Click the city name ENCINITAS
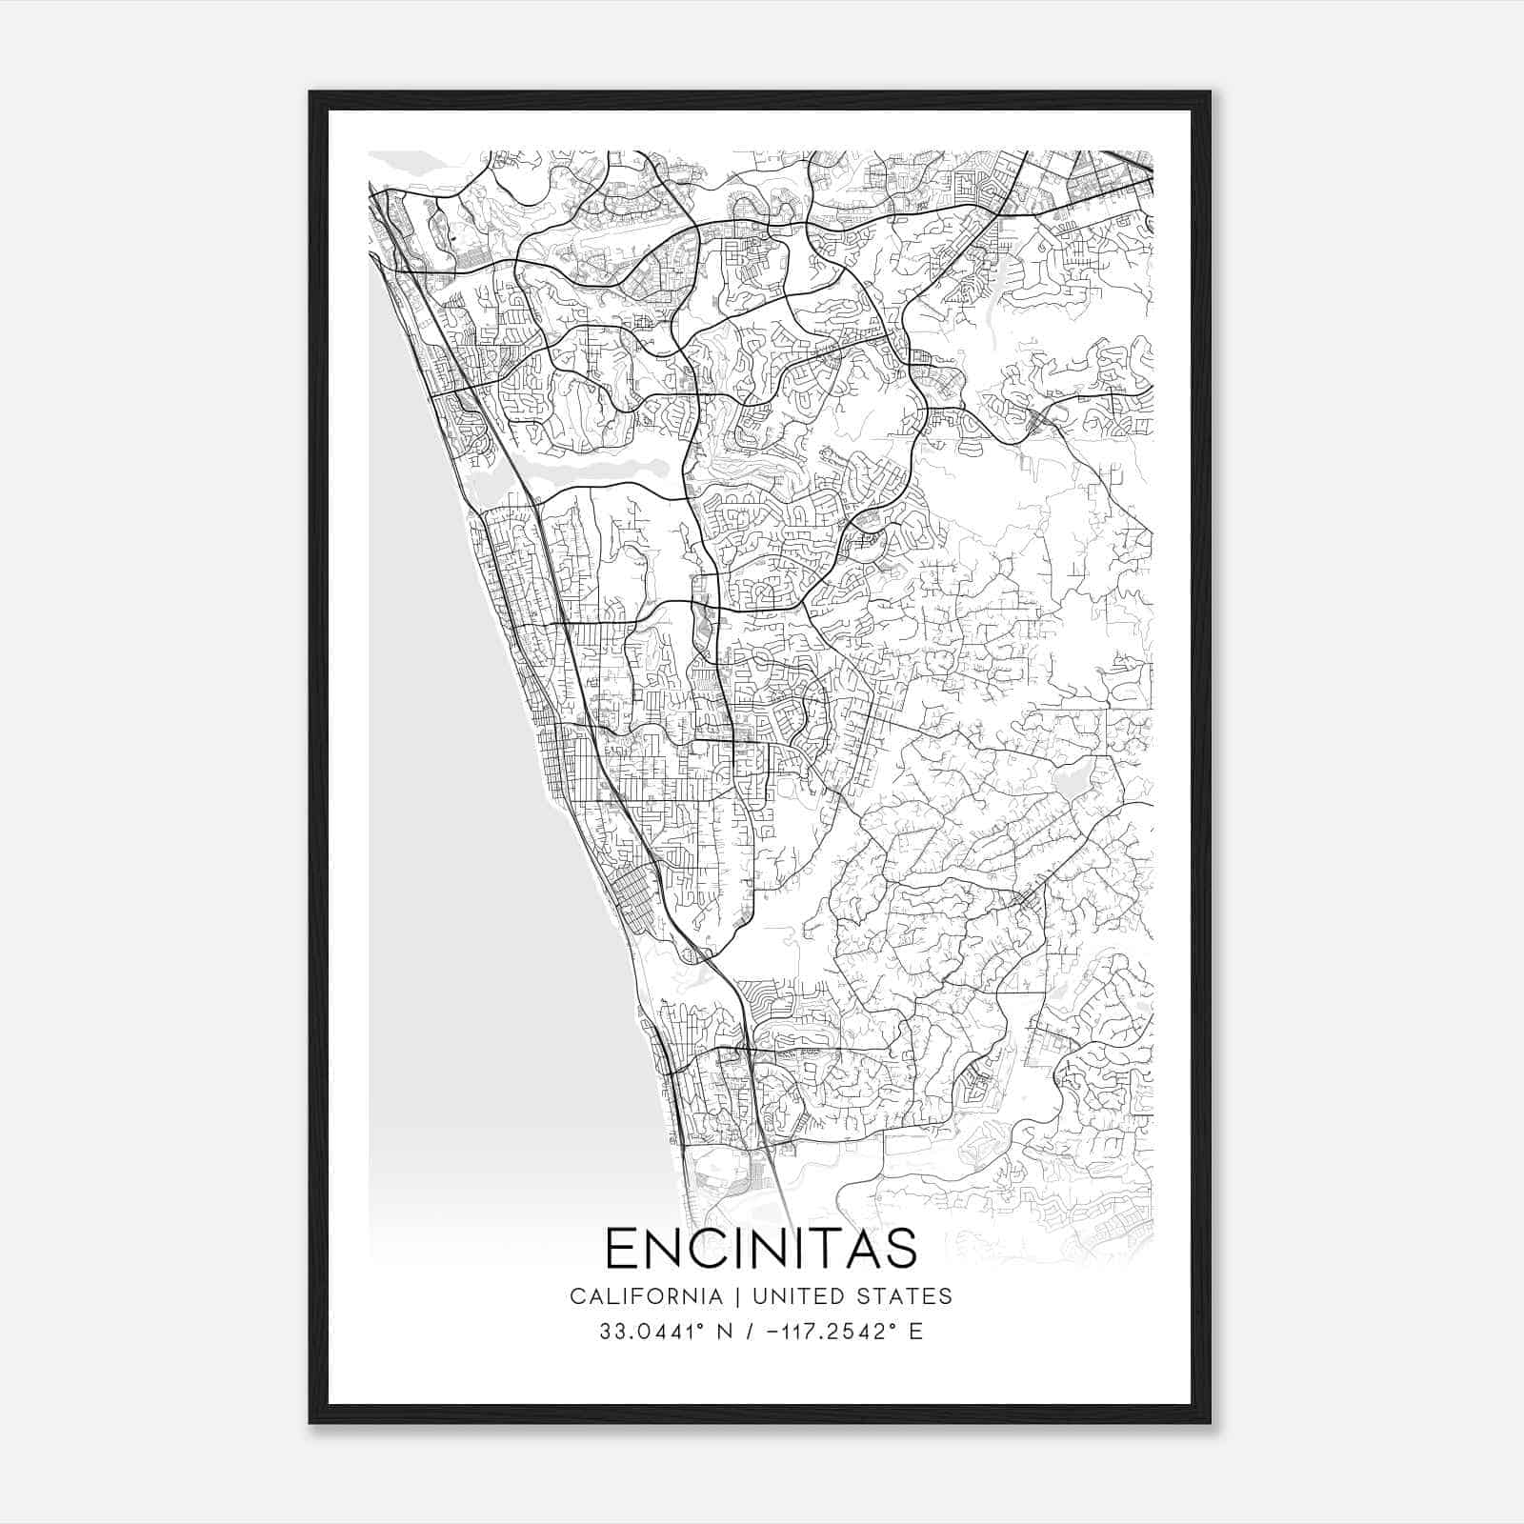pyautogui.click(x=761, y=1248)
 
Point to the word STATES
pyautogui.click(x=908, y=1296)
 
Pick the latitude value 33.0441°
pyautogui.click(x=652, y=1332)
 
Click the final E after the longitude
pyautogui.click(x=916, y=1332)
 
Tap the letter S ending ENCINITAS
pyautogui.click(x=901, y=1248)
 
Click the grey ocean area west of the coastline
pyautogui.click(x=448, y=762)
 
